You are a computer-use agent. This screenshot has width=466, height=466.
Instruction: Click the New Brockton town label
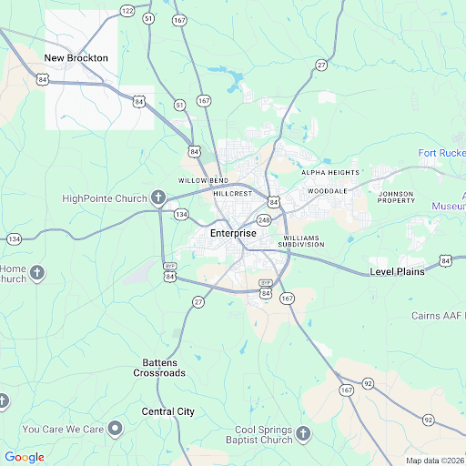click(76, 58)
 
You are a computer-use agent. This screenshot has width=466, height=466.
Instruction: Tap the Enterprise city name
click(233, 234)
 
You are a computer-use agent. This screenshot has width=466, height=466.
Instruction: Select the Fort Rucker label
click(441, 152)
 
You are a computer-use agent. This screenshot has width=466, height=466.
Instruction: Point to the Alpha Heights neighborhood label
click(330, 172)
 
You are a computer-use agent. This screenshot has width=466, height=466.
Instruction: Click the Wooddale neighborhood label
click(328, 191)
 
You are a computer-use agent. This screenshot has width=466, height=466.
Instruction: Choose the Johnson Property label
click(396, 198)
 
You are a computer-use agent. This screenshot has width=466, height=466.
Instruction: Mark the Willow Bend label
click(202, 180)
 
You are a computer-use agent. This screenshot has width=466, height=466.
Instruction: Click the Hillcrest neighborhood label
click(232, 194)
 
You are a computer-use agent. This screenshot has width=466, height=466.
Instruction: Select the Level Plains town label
click(397, 272)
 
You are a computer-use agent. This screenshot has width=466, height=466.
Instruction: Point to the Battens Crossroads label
click(159, 368)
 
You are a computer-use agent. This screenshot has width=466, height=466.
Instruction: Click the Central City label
click(168, 411)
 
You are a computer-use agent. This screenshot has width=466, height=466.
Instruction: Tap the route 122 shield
click(127, 10)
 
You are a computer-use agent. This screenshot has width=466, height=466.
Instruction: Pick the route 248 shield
click(264, 220)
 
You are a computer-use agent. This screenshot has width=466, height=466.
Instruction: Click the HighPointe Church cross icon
click(157, 198)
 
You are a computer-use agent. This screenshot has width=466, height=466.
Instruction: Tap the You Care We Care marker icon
click(115, 428)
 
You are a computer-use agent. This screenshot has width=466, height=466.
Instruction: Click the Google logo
click(24, 457)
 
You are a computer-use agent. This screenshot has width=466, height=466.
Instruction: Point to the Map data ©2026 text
click(434, 461)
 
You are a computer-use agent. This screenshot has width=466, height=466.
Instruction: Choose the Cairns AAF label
click(438, 316)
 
